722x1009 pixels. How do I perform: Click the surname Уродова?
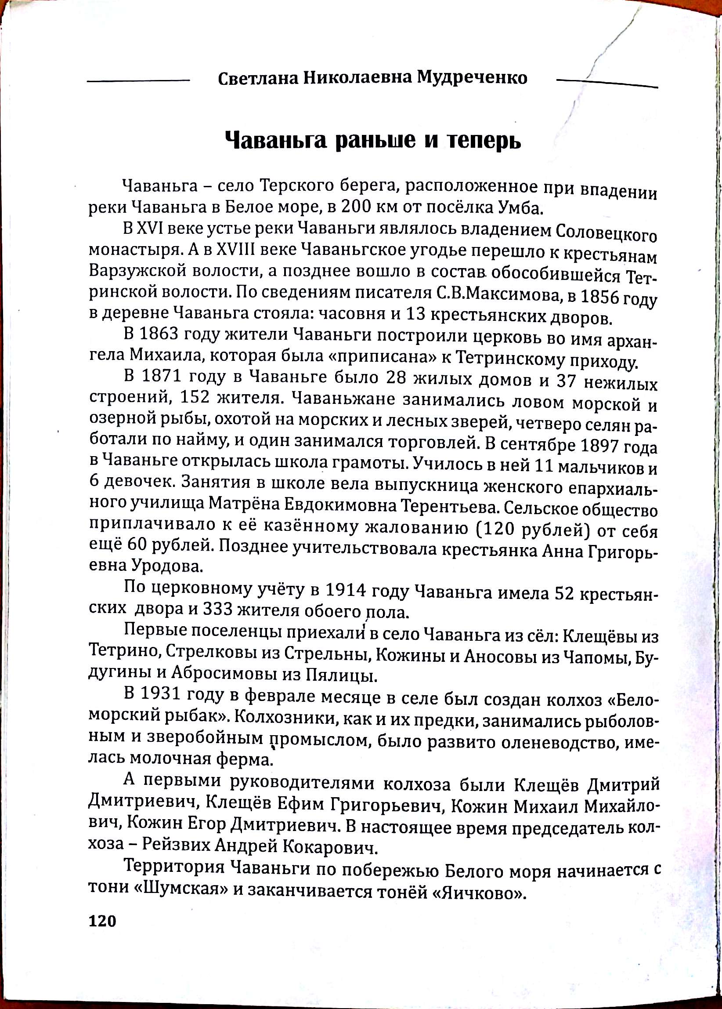(x=167, y=566)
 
